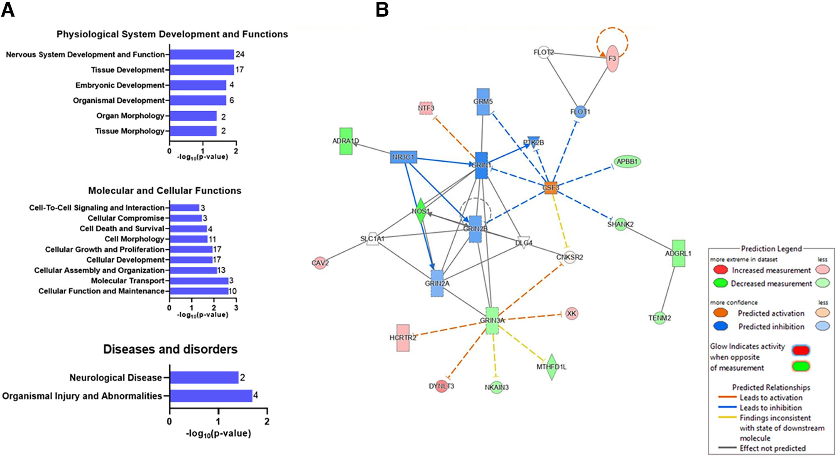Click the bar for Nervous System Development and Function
tap(202, 55)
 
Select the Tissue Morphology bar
tap(193, 131)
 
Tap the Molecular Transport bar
tap(199, 281)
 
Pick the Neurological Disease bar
tap(204, 378)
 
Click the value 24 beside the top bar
tap(240, 54)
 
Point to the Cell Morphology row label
tap(134, 239)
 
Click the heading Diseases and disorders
tap(170, 349)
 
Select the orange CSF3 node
tap(551, 188)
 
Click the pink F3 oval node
tap(612, 58)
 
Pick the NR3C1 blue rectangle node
tap(404, 157)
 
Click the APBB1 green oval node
tap(627, 162)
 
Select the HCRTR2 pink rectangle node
tap(403, 338)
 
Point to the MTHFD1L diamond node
tap(552, 367)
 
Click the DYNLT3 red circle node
tap(442, 386)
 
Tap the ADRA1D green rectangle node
tap(346, 141)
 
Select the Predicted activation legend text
tap(771, 313)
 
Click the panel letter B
tap(382, 10)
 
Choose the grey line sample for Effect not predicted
tap(727, 448)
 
